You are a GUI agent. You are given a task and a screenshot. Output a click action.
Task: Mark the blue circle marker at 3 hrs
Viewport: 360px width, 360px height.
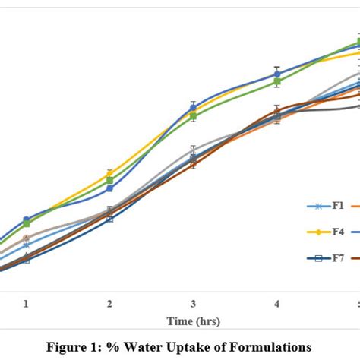194,107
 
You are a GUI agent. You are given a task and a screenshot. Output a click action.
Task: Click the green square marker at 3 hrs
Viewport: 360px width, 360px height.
194,115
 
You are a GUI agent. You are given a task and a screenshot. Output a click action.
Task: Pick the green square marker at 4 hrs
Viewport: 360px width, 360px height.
277,81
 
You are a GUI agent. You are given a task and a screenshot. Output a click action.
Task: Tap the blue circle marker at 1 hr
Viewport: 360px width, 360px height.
27,219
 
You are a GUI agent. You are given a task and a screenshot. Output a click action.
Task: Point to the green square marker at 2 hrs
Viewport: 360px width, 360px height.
109,181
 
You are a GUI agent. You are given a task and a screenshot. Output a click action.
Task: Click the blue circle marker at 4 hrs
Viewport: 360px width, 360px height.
277,74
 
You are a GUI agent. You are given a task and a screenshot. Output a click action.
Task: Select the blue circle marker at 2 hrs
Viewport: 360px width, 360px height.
109,188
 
